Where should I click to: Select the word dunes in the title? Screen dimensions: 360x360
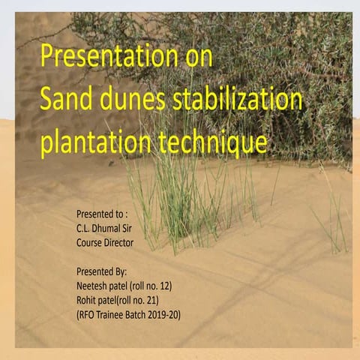click(x=142, y=100)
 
